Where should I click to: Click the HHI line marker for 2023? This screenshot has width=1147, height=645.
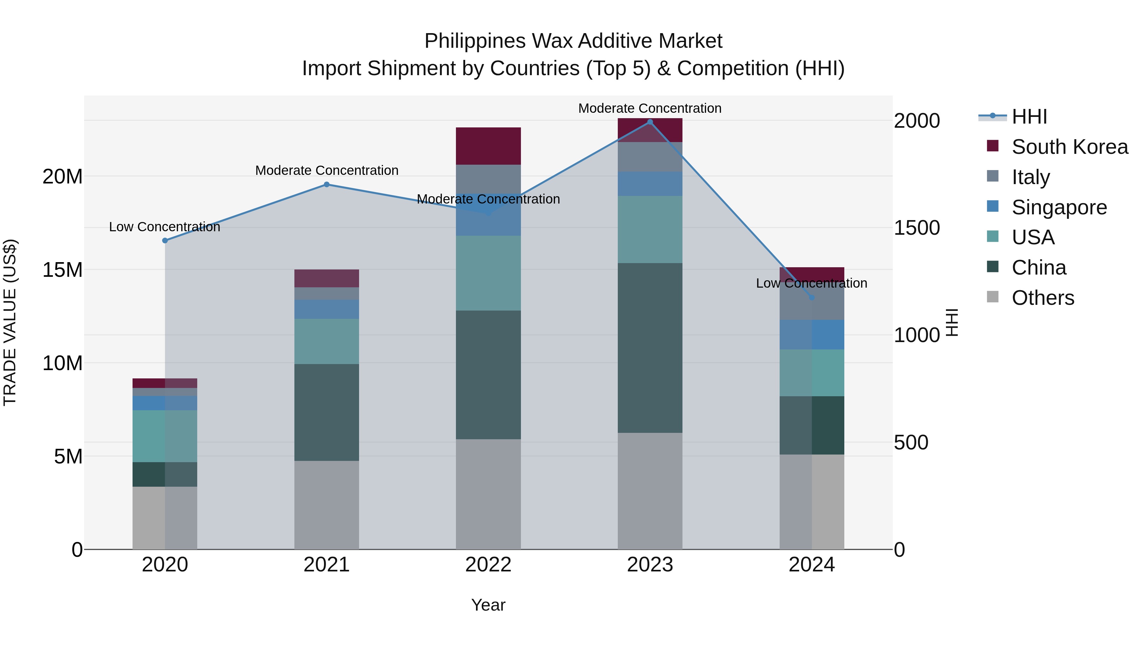point(650,122)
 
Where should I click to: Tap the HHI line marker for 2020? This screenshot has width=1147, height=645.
point(165,240)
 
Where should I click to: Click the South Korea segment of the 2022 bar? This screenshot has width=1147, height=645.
point(488,146)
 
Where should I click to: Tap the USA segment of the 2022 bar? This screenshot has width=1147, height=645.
point(488,273)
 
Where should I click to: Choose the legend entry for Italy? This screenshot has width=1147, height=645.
point(1030,177)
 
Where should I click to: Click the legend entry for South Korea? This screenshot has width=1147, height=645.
point(1069,147)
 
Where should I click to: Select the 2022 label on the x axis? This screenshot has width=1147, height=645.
point(488,565)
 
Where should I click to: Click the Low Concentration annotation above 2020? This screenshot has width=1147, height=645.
point(164,227)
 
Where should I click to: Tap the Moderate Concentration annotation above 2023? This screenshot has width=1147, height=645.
point(650,108)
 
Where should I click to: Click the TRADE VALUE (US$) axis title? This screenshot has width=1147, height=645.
point(10,322)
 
